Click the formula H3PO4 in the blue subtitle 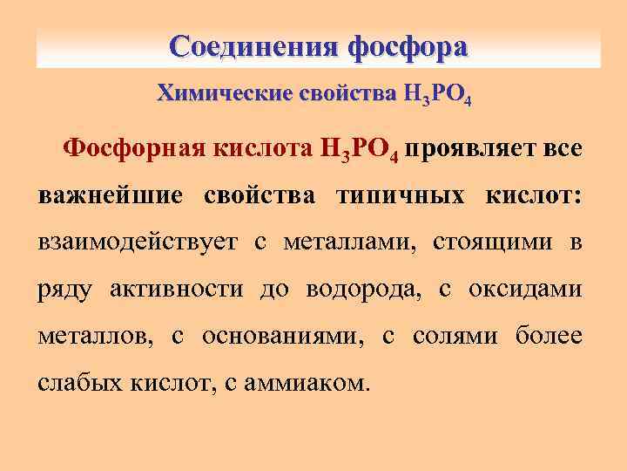(438, 96)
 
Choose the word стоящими (486, 242)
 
